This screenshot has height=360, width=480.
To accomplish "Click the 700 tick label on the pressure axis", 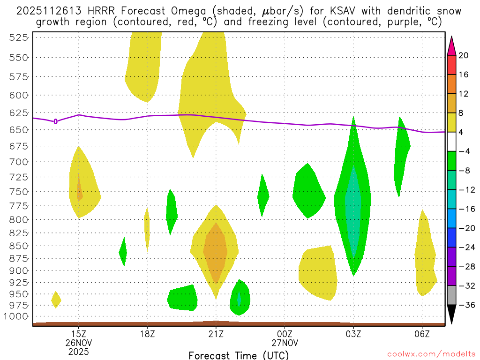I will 19,162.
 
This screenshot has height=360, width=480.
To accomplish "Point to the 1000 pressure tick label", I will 17,316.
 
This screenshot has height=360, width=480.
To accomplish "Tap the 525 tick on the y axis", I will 19,37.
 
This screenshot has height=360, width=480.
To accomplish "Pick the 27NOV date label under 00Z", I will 285,342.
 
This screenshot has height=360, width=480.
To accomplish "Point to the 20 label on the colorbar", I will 464,55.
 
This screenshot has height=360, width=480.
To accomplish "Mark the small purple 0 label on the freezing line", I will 56,121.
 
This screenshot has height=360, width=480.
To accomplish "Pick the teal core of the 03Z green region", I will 353,211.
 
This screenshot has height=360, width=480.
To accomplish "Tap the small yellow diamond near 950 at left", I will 56,300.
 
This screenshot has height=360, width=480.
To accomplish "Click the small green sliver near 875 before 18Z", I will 123,252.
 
